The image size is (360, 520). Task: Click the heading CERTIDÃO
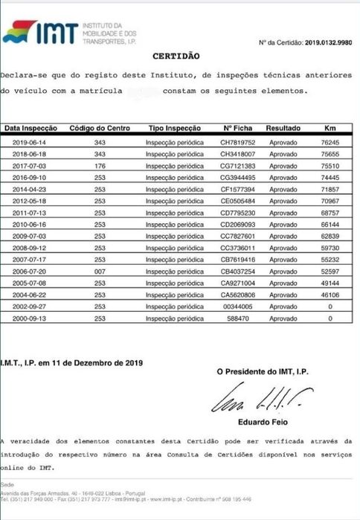176,55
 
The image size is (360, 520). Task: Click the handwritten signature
268,401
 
